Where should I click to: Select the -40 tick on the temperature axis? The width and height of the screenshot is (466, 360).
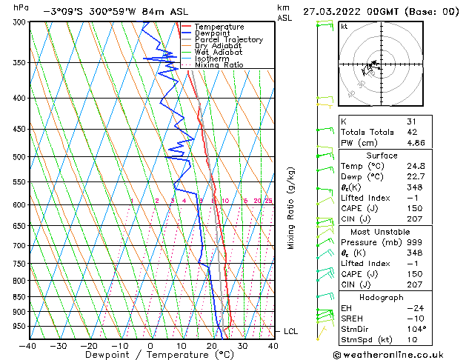(27, 345)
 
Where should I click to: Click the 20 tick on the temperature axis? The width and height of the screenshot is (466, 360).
(211, 345)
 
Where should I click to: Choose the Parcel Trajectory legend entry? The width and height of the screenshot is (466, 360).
(228, 40)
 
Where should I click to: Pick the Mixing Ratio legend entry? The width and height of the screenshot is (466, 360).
(219, 65)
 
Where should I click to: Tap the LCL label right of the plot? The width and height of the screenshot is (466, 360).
(290, 331)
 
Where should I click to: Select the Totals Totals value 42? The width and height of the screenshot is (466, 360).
(411, 132)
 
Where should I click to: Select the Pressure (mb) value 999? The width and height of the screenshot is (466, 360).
(413, 242)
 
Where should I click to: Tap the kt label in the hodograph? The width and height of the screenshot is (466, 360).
(344, 26)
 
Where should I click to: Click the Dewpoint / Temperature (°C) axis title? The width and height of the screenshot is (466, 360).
(150, 355)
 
